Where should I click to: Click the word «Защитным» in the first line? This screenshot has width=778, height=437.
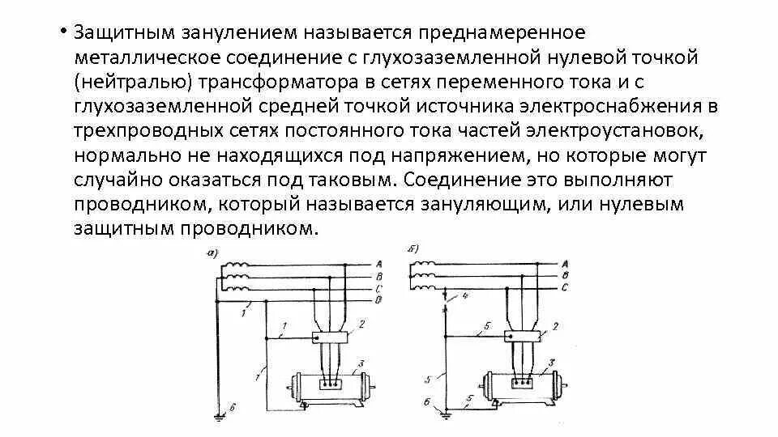coord(116,34)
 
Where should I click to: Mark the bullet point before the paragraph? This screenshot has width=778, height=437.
coord(62,33)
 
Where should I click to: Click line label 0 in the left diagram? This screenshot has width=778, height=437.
coord(379,300)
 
